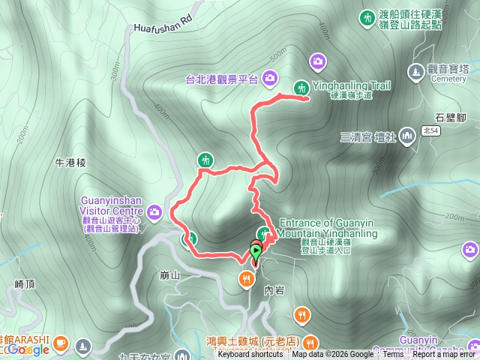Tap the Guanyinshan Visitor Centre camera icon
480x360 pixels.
pos(154,211)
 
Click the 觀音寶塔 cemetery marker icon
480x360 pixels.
pos(415,72)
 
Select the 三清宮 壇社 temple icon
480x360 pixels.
pos(407,136)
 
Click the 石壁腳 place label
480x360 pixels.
pos(450,117)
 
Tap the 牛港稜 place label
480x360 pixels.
pos(72,162)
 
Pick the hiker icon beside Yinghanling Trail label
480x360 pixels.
pos(301,88)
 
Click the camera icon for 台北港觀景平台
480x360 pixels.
pos(269,76)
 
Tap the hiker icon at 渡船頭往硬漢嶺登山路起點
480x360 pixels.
pos(367,16)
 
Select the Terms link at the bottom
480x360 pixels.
pos(392,355)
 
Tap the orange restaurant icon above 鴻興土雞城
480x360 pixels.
pos(301,313)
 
